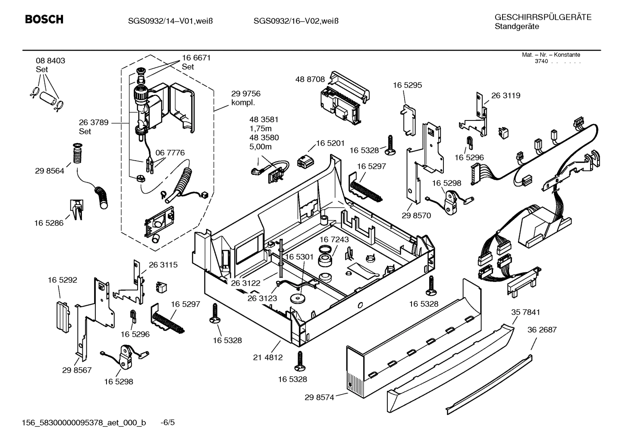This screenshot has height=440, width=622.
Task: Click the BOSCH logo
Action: pyautogui.click(x=44, y=19)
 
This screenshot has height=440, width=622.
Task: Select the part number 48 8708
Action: pyautogui.click(x=310, y=79)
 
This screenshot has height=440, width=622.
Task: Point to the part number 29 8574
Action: pyautogui.click(x=319, y=397)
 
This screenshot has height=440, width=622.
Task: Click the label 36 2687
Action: pyautogui.click(x=542, y=329)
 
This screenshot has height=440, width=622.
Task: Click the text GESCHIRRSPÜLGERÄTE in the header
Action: pyautogui.click(x=543, y=17)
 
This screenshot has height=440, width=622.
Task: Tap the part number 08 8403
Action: pyautogui.click(x=50, y=61)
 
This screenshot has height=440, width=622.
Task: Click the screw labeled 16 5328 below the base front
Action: pyautogui.click(x=300, y=361)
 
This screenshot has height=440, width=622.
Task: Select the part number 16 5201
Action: pyautogui.click(x=330, y=143)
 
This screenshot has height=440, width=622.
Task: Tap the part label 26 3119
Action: pyautogui.click(x=506, y=95)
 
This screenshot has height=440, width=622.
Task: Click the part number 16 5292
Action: pyautogui.click(x=63, y=280)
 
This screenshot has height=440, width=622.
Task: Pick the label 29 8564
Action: pyautogui.click(x=50, y=171)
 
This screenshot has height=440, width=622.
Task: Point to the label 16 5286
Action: pyautogui.click(x=49, y=223)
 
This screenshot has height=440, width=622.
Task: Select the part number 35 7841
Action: pyautogui.click(x=525, y=312)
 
